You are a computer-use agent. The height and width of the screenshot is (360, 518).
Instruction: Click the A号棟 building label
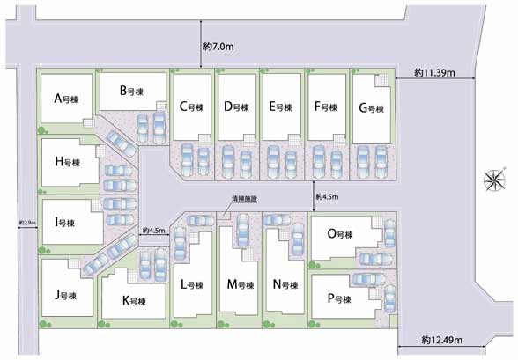pos(66,99)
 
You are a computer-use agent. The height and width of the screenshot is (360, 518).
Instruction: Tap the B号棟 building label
pos(131,91)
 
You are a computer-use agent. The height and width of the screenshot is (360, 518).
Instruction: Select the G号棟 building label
pos(372,108)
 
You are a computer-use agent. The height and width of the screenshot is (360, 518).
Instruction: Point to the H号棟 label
pos(68,162)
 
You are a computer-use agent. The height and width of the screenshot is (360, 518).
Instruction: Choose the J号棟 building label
pos(66,295)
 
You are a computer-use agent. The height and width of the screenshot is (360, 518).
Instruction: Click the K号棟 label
pos(134,301)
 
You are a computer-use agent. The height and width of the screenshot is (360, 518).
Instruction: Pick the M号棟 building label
pos(240,284)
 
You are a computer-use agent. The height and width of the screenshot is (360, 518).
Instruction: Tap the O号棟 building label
pos(340,234)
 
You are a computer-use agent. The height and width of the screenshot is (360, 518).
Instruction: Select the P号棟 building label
pos(339,299)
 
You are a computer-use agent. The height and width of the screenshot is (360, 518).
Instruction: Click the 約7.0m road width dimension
pos(218,47)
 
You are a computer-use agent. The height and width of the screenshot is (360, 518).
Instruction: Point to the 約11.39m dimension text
pos(435,72)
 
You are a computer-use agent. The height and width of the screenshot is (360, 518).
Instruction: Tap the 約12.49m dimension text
pos(442,340)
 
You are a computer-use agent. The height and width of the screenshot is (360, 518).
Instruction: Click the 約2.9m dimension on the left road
pos(27,223)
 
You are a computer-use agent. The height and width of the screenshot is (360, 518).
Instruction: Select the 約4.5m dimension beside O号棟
pos(327,197)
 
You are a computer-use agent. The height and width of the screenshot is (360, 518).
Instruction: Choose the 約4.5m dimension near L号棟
pos(154,231)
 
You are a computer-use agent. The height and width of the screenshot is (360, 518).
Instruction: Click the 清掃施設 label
pos(245,199)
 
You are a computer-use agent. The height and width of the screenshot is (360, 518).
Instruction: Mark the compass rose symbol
pos(494,180)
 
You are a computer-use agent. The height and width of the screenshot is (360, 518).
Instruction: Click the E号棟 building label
pos(280,107)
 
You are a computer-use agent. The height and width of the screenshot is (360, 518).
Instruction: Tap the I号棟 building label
pos(65,223)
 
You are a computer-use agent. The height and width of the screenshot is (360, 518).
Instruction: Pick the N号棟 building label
pos(285,284)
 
